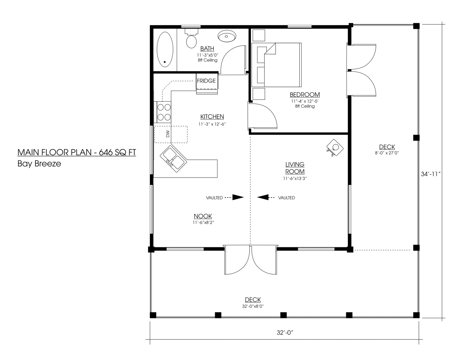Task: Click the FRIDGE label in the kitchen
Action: (206, 81)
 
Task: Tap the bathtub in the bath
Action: (165, 49)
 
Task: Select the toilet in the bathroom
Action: (191, 39)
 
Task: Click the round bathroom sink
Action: (227, 36)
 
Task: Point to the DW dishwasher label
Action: (168, 134)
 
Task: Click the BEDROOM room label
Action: (305, 95)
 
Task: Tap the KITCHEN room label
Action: (212, 116)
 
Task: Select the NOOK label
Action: (203, 216)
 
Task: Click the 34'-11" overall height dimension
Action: (431, 174)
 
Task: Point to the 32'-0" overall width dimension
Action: (285, 333)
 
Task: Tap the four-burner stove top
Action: (164, 112)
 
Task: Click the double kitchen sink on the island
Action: (174, 159)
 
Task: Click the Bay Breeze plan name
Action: (39, 164)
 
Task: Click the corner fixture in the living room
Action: (335, 148)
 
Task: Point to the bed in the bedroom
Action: (276, 65)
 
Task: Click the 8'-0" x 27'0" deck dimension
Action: (387, 153)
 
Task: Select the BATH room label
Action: (207, 49)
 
